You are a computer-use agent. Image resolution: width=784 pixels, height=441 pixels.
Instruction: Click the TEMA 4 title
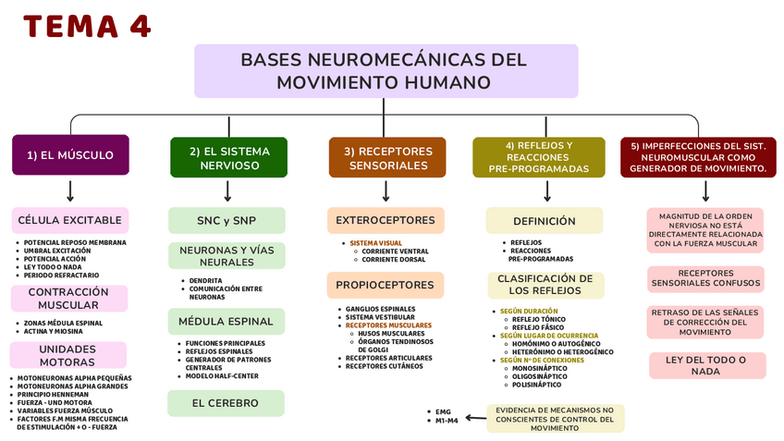(87, 27)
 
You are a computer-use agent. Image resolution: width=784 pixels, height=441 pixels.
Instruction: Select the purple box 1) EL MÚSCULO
(70, 155)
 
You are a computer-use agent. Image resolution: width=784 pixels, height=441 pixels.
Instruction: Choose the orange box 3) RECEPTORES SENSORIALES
(387, 157)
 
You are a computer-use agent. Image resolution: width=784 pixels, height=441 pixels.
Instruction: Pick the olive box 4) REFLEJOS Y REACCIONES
(539, 157)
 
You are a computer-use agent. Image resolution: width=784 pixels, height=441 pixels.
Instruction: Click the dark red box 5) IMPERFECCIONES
(698, 157)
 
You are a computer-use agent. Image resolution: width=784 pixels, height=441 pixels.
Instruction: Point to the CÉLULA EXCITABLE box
(70, 220)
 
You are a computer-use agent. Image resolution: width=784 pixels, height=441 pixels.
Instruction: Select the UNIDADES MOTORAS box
(67, 355)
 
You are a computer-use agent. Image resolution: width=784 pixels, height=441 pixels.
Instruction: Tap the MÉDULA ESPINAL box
(227, 322)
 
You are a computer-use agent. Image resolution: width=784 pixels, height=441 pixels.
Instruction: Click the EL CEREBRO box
(227, 403)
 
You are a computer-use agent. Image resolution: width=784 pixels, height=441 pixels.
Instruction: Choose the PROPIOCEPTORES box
(385, 285)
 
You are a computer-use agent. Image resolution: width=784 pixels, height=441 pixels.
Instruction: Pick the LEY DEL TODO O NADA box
(705, 365)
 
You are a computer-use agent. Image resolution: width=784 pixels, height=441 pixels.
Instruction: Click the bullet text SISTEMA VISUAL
(379, 243)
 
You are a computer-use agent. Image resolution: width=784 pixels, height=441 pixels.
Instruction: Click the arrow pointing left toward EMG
(475, 418)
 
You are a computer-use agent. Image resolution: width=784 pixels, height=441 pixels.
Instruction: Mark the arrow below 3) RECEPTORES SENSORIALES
(387, 190)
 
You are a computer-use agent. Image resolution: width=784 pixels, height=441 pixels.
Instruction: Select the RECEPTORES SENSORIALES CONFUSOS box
(705, 278)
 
